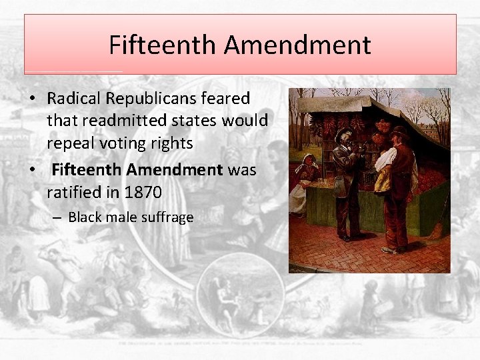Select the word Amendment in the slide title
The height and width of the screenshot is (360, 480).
click(x=297, y=45)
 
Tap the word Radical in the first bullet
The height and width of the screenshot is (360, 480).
click(x=71, y=99)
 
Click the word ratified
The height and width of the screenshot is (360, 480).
click(x=75, y=193)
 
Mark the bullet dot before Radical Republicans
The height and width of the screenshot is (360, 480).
click(x=32, y=99)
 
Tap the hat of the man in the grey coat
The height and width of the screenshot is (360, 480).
click(x=344, y=132)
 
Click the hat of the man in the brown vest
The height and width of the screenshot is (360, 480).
click(x=399, y=131)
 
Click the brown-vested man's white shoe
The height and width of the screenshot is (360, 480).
click(x=389, y=250)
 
